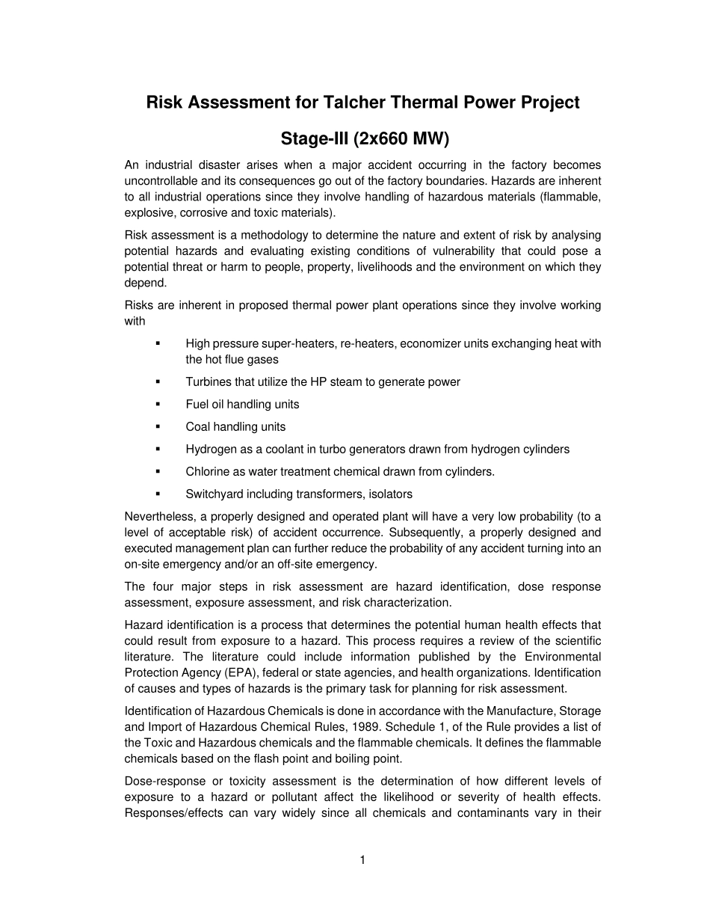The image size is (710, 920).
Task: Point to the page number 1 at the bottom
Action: click(362, 860)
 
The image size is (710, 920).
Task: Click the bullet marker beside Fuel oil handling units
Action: click(158, 404)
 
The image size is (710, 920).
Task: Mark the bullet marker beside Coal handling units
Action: click(158, 426)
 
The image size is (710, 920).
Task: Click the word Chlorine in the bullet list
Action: click(207, 471)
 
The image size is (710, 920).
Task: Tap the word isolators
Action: click(389, 494)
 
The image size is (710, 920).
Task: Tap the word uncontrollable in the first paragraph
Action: click(160, 181)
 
